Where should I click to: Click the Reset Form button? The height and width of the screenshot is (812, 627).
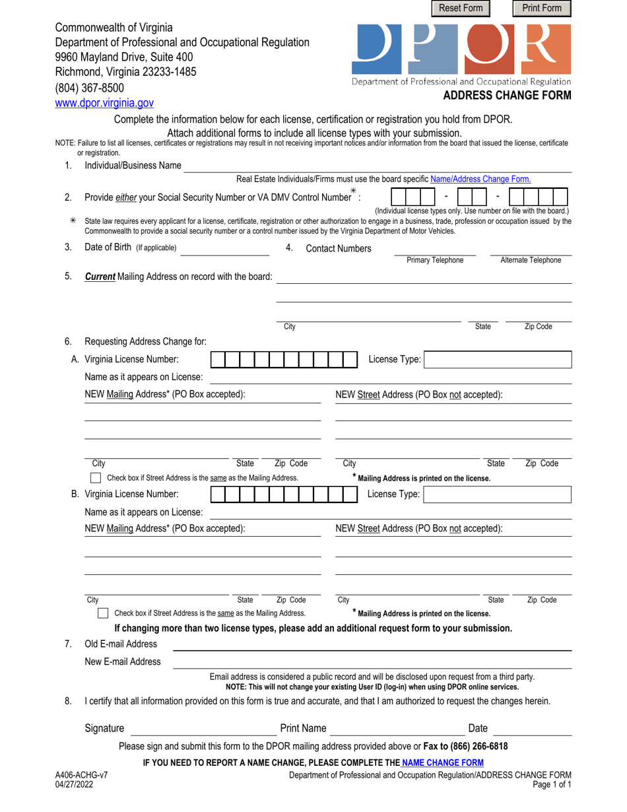coord(461,8)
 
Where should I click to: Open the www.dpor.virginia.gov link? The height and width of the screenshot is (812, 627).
coord(104,103)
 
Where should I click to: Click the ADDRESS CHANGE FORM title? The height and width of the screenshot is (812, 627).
coord(507,95)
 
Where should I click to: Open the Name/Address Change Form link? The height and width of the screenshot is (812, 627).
coord(480,178)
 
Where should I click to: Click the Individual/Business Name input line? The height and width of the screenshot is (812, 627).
coord(377,166)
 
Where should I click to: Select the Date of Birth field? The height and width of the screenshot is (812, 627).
coord(224,248)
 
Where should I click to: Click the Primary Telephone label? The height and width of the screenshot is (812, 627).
coord(435,260)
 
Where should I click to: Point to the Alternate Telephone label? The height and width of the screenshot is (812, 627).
coord(531,260)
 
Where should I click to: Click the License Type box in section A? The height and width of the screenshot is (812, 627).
coord(498,360)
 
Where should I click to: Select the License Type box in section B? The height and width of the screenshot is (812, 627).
coord(497,494)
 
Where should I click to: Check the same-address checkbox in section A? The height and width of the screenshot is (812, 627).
coord(96,478)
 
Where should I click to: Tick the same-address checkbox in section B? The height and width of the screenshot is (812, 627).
coord(103,613)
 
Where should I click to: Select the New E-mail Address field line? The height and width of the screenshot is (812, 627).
coord(372,662)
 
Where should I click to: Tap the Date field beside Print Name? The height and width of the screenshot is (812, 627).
coord(532,729)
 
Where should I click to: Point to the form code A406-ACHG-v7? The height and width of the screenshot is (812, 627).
coord(79,776)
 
